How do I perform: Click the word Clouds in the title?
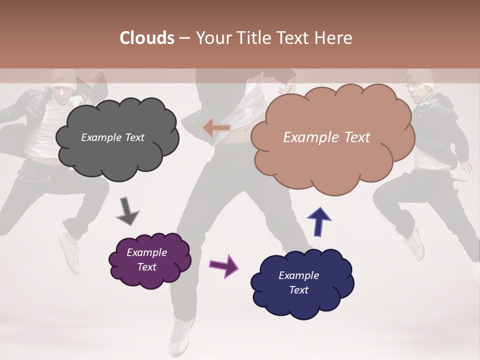147,38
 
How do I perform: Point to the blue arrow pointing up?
318,220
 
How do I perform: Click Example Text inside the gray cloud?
112,137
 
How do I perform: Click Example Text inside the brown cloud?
326,137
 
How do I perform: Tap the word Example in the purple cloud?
146,252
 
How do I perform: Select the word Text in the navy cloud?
298,290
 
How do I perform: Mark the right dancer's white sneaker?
414,243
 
